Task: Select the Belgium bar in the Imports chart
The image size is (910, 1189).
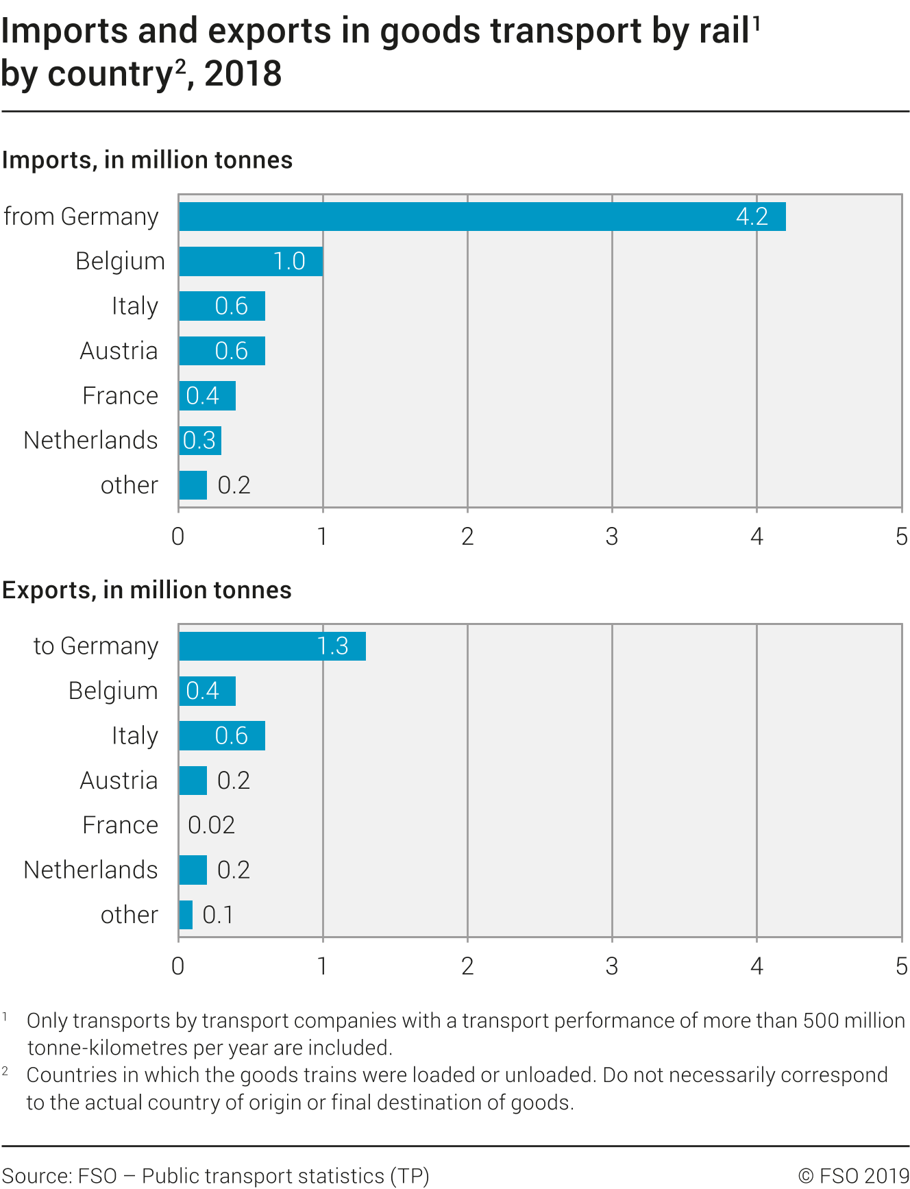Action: click(x=251, y=261)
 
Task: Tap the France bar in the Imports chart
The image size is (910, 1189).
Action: click(x=207, y=396)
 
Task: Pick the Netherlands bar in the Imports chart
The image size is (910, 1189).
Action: click(x=200, y=441)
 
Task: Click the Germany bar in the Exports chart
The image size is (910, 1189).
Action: click(x=272, y=646)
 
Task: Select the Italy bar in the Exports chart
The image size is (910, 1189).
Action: click(x=222, y=736)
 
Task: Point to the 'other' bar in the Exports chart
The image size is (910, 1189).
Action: click(x=186, y=915)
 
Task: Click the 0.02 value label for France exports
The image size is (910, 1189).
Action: click(x=211, y=825)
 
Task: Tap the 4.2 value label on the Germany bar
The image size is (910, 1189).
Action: click(x=752, y=217)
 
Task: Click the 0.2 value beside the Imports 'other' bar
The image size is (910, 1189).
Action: click(x=234, y=485)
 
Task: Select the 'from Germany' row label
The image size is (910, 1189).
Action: click(x=81, y=217)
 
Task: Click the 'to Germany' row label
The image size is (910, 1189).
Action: click(x=96, y=646)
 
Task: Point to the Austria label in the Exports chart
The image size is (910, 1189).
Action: click(x=119, y=781)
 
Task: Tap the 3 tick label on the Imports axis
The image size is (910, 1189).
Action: click(x=612, y=537)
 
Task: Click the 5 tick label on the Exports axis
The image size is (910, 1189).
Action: click(x=901, y=966)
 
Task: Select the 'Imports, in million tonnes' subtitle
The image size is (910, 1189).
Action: click(x=147, y=160)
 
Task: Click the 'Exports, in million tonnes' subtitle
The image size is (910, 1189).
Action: click(x=147, y=590)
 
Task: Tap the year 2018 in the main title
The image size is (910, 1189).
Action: click(x=243, y=74)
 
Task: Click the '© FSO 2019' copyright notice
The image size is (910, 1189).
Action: click(x=853, y=1176)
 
